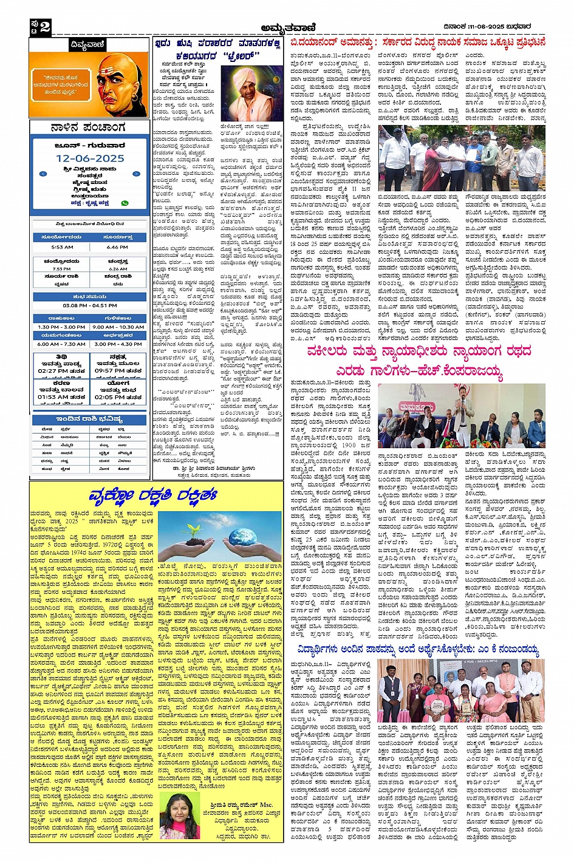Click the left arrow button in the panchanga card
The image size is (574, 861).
[x=43, y=174]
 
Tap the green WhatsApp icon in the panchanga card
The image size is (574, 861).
[x=125, y=203]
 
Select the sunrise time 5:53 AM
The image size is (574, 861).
[x=62, y=247]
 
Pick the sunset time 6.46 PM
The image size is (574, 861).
[x=117, y=247]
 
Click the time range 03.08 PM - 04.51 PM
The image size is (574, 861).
[x=89, y=305]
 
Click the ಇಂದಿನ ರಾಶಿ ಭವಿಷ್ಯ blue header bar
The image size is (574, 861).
[x=89, y=419]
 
